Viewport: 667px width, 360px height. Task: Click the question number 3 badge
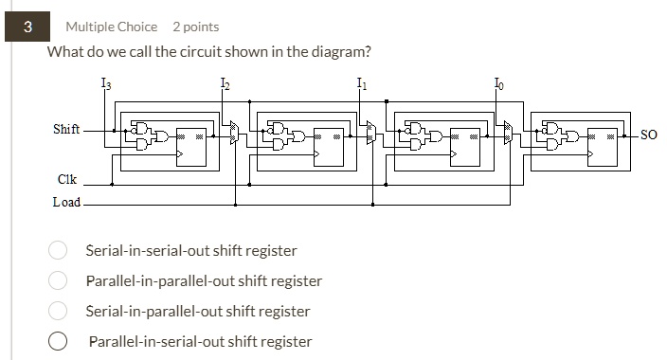[27, 27]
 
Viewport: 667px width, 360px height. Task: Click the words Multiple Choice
[111, 27]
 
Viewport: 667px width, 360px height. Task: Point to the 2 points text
[195, 27]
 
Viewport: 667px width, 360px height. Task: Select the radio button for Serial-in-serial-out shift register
[58, 251]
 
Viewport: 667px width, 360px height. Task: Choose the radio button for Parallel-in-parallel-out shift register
[58, 281]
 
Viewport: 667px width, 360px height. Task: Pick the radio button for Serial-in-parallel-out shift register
[58, 311]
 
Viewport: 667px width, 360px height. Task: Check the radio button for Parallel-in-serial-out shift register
[58, 341]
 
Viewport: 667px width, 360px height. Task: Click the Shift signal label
[66, 129]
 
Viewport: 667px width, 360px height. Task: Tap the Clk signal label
[67, 179]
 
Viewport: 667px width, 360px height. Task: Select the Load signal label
[66, 202]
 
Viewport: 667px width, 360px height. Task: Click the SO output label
[648, 135]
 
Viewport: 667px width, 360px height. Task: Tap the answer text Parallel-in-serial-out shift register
[200, 341]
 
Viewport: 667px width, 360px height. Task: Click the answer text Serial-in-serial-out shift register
[191, 251]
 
